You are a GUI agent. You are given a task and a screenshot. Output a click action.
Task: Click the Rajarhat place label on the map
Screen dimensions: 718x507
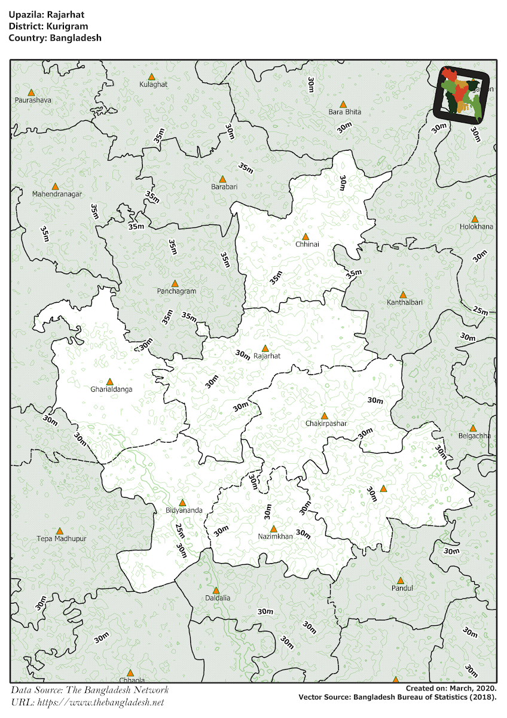(x=267, y=356)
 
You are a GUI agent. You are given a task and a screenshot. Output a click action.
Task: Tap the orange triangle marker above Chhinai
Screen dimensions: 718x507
(x=306, y=237)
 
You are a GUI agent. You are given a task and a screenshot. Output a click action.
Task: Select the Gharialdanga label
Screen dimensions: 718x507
(x=111, y=390)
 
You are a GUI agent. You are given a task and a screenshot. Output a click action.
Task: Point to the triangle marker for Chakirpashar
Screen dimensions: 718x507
(x=325, y=416)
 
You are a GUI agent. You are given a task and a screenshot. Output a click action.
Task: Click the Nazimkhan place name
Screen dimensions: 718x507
(x=276, y=537)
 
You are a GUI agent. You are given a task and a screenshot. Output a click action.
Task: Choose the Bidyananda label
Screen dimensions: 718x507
(x=184, y=510)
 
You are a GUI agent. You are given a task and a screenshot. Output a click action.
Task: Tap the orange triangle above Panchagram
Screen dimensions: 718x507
(x=175, y=284)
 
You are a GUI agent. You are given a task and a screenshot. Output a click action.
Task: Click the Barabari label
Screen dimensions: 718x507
(x=224, y=187)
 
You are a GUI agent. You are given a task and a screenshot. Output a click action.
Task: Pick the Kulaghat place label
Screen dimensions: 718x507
(x=153, y=84)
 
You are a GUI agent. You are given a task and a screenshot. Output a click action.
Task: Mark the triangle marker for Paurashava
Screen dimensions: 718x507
(x=31, y=93)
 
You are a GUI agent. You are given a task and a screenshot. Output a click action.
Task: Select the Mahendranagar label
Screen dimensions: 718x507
(x=57, y=194)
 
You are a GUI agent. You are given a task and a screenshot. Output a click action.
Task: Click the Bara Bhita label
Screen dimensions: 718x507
(x=345, y=112)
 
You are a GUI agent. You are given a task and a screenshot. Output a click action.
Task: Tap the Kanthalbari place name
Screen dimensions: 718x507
(x=404, y=303)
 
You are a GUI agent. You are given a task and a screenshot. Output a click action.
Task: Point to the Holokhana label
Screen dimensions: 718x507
(x=477, y=227)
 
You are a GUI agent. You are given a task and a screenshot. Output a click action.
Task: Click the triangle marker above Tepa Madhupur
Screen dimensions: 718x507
(x=60, y=531)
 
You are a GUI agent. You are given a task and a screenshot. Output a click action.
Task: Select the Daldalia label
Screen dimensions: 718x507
(x=218, y=598)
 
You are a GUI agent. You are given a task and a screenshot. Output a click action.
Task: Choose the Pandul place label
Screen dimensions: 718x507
(x=402, y=588)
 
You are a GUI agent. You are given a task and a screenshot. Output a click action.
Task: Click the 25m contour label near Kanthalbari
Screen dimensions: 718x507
(x=480, y=310)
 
